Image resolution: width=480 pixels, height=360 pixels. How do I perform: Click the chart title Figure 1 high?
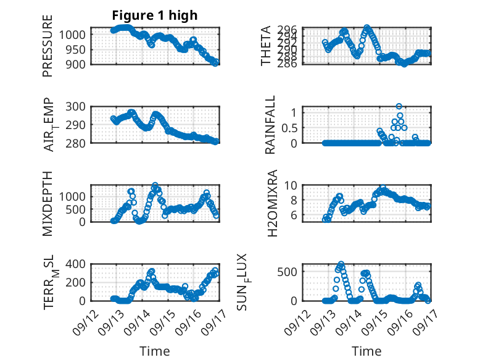click(x=155, y=15)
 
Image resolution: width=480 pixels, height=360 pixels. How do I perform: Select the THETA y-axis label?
click(x=267, y=46)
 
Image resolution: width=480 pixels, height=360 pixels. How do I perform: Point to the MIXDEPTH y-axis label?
click(x=48, y=203)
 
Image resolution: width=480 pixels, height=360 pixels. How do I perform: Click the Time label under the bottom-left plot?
click(x=154, y=351)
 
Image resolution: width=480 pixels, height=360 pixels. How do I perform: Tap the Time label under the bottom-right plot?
click(x=367, y=351)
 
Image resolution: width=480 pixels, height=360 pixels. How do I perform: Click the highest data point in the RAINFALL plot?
click(x=399, y=106)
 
